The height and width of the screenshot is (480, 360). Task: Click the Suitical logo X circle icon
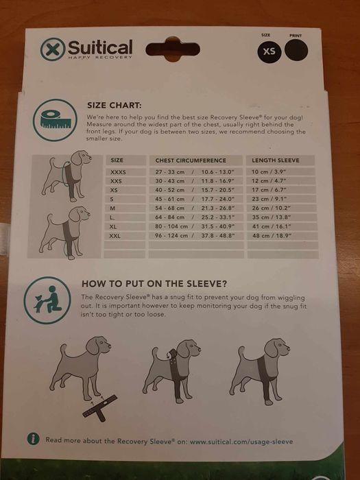coord(53,49)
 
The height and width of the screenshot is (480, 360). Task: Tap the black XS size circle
coord(269,51)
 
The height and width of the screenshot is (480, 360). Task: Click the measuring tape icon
coord(56,120)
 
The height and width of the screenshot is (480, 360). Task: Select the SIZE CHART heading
coord(115,106)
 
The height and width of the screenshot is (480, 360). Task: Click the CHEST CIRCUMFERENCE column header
coord(191,160)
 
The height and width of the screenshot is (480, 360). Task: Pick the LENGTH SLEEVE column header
coord(276,160)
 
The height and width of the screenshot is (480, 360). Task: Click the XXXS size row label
coord(118,172)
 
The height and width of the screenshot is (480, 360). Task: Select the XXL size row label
coord(115,236)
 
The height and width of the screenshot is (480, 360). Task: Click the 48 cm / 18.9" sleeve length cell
coord(272,236)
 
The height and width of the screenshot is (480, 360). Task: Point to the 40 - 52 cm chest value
coord(170,190)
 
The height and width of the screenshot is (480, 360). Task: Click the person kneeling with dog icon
coord(47,300)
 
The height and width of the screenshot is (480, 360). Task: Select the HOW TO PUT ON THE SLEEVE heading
coord(154,284)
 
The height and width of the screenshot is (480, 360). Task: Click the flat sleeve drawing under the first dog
coord(100,408)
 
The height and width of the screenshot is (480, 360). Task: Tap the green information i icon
coord(33,439)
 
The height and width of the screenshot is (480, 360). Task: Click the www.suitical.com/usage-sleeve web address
coord(241,442)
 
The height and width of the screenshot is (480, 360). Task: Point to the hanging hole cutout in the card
coord(173,49)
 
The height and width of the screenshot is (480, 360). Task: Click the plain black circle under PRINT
coord(296,50)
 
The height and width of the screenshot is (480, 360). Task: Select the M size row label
coord(112,208)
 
